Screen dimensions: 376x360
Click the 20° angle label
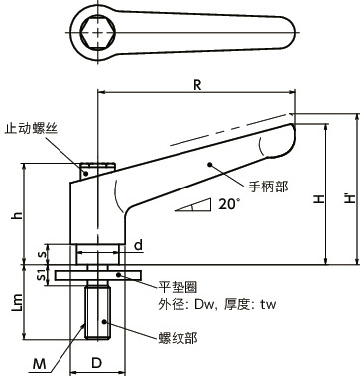[x=229, y=205]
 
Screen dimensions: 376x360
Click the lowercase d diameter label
[x=109, y=244]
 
